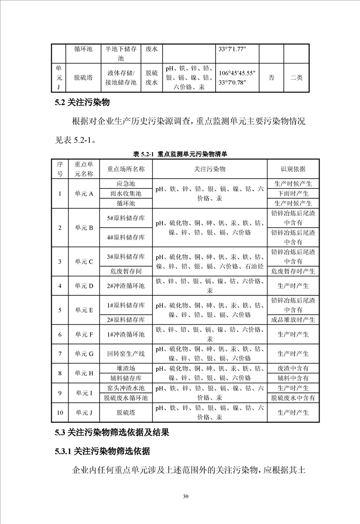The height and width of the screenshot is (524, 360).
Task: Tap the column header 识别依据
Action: click(x=293, y=169)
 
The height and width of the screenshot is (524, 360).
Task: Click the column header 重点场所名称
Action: click(x=126, y=169)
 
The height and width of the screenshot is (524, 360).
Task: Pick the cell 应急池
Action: click(x=126, y=184)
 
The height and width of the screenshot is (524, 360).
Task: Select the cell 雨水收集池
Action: click(x=126, y=194)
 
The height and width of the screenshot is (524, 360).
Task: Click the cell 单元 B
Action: click(x=84, y=228)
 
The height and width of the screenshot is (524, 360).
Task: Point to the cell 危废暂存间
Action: click(x=126, y=271)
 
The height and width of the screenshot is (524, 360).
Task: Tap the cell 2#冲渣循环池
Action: click(x=126, y=286)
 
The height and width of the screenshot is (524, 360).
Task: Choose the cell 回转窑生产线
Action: click(x=126, y=353)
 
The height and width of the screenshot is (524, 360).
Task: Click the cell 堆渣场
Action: click(x=126, y=368)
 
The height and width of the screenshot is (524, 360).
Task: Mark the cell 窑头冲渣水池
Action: click(x=126, y=388)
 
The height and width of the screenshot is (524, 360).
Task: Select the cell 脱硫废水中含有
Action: click(x=293, y=398)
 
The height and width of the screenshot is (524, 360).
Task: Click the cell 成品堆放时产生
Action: click(x=293, y=320)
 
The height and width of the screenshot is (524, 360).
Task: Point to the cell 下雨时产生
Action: click(x=293, y=194)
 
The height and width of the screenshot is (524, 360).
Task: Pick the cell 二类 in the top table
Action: click(x=296, y=78)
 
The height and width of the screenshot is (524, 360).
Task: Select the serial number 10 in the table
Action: click(x=60, y=412)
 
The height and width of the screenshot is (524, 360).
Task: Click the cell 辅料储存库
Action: click(x=126, y=378)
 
